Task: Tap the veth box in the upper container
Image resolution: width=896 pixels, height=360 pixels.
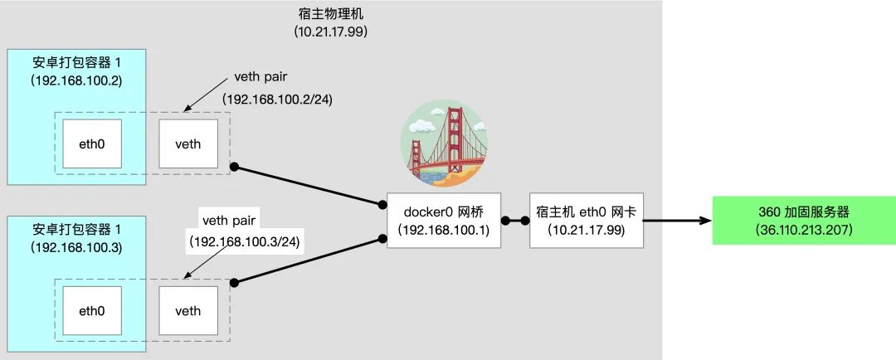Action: (188, 144)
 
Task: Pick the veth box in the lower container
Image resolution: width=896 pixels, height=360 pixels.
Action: (188, 312)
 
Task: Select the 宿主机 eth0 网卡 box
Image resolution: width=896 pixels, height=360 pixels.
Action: (587, 221)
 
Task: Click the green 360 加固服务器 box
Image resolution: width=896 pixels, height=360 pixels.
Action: (803, 220)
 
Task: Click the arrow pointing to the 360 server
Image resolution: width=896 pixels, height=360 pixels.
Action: (676, 221)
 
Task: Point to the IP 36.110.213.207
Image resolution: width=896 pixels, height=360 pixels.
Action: (803, 229)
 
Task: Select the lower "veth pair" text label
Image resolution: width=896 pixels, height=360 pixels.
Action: (230, 221)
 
